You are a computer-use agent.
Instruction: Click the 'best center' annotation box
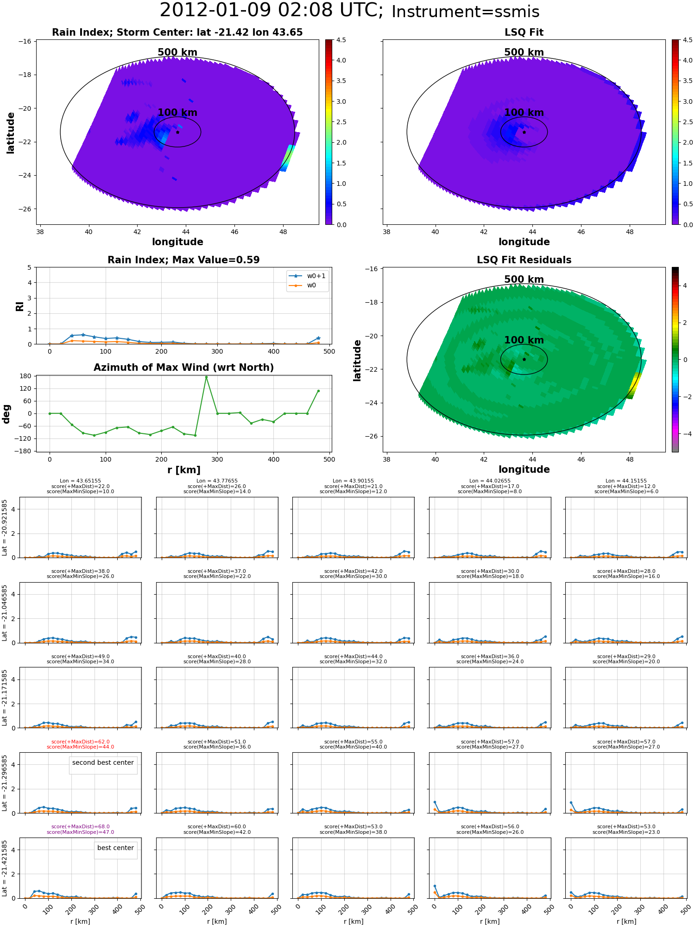[115, 848]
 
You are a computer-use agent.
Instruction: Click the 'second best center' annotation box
[103, 762]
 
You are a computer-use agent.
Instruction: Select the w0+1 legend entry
[307, 276]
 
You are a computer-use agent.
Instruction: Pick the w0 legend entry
[307, 285]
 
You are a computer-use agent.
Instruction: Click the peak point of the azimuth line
[206, 377]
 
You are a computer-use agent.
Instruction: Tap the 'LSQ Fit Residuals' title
[524, 260]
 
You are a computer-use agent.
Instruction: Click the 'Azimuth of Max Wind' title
[183, 368]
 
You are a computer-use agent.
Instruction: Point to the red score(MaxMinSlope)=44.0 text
[80, 747]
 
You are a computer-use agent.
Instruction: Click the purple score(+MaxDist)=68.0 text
[80, 826]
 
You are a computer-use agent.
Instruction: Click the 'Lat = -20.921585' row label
[5, 527]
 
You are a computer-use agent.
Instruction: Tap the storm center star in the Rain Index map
[177, 132]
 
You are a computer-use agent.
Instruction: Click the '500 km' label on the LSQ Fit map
[524, 52]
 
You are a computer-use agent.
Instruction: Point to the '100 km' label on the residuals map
[524, 340]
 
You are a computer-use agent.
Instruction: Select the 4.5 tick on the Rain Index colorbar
[341, 40]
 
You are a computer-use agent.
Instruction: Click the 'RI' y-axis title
[20, 306]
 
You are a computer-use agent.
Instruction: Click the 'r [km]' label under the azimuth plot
[183, 470]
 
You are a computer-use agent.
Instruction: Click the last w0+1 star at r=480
[318, 338]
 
